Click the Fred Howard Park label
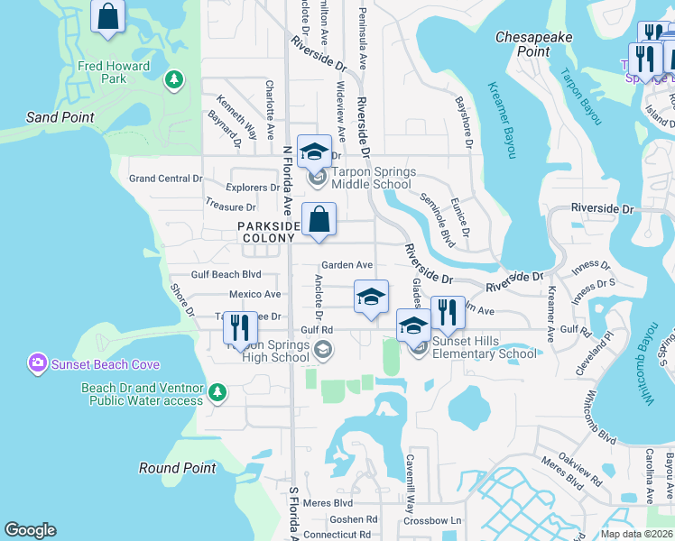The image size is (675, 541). (114, 72)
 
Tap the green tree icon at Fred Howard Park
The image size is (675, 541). (173, 80)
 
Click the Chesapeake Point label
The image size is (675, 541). (535, 44)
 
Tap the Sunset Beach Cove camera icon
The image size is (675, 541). (37, 363)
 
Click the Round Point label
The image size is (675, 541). (178, 468)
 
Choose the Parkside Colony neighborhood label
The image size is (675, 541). (268, 232)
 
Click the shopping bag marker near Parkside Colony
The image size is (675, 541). (319, 219)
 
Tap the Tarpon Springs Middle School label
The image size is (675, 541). (372, 178)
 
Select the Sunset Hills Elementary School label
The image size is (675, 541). (485, 347)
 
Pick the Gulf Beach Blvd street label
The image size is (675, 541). (226, 274)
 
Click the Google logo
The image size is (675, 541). (30, 530)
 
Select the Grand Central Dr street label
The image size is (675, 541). (165, 179)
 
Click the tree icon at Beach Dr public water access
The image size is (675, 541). (217, 391)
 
